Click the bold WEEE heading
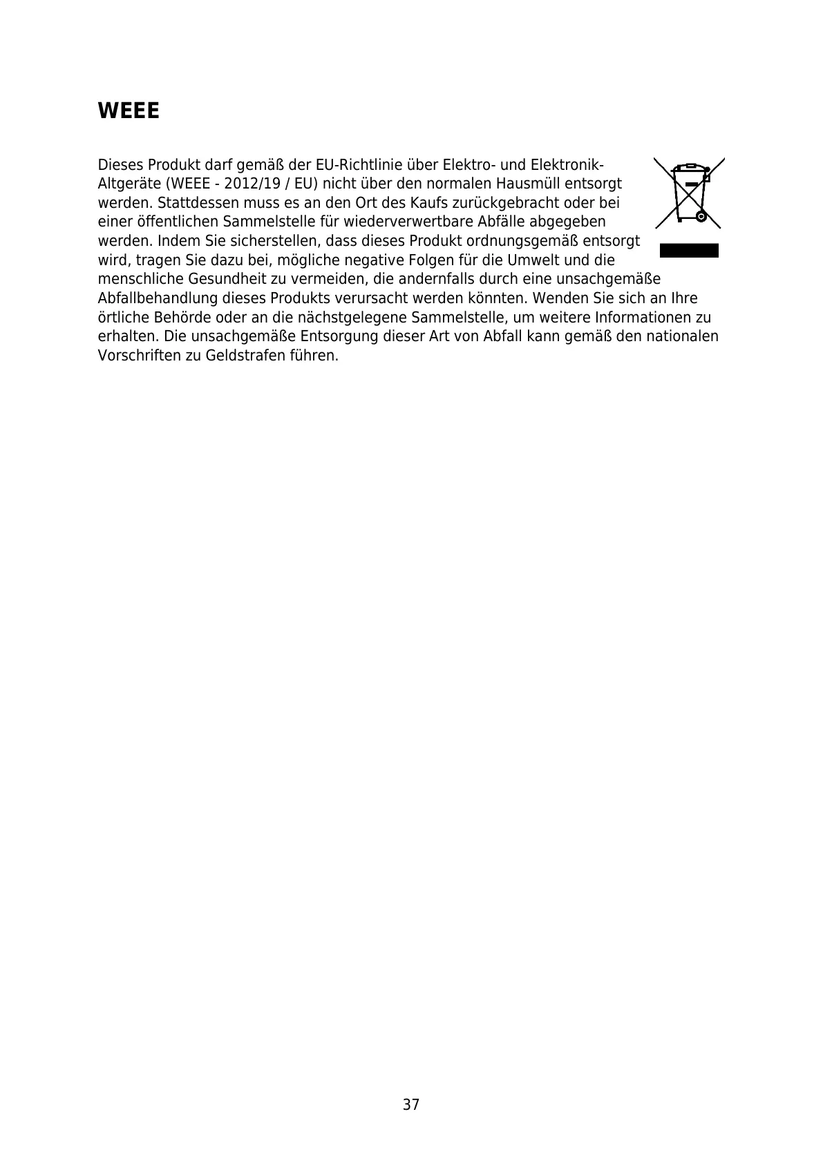point(129,111)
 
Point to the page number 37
point(411,1105)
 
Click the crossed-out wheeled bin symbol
point(688,193)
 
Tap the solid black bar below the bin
point(689,250)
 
